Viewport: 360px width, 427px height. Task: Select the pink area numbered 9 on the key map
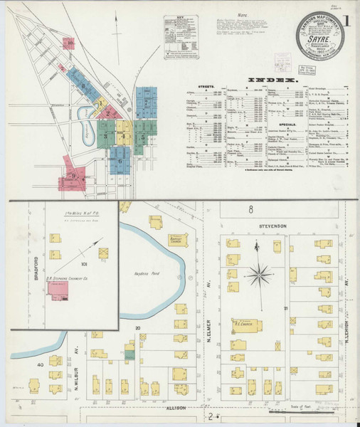73,174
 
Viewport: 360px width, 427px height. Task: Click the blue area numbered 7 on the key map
147,102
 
